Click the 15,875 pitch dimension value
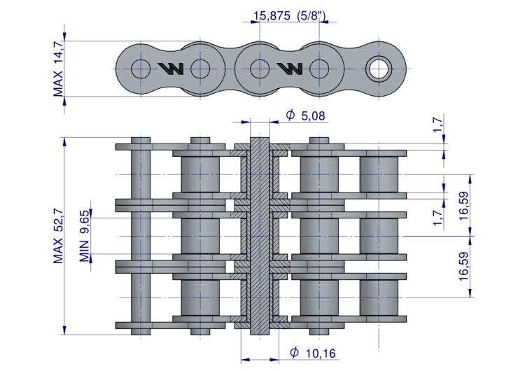tap(272, 15)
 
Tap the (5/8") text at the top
tap(311, 15)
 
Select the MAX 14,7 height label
tap(58, 69)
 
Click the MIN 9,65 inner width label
tap(85, 236)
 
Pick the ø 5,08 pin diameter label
tap(305, 115)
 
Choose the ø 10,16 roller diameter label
tap(312, 353)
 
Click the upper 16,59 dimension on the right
tap(464, 206)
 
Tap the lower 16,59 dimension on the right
tap(464, 267)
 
